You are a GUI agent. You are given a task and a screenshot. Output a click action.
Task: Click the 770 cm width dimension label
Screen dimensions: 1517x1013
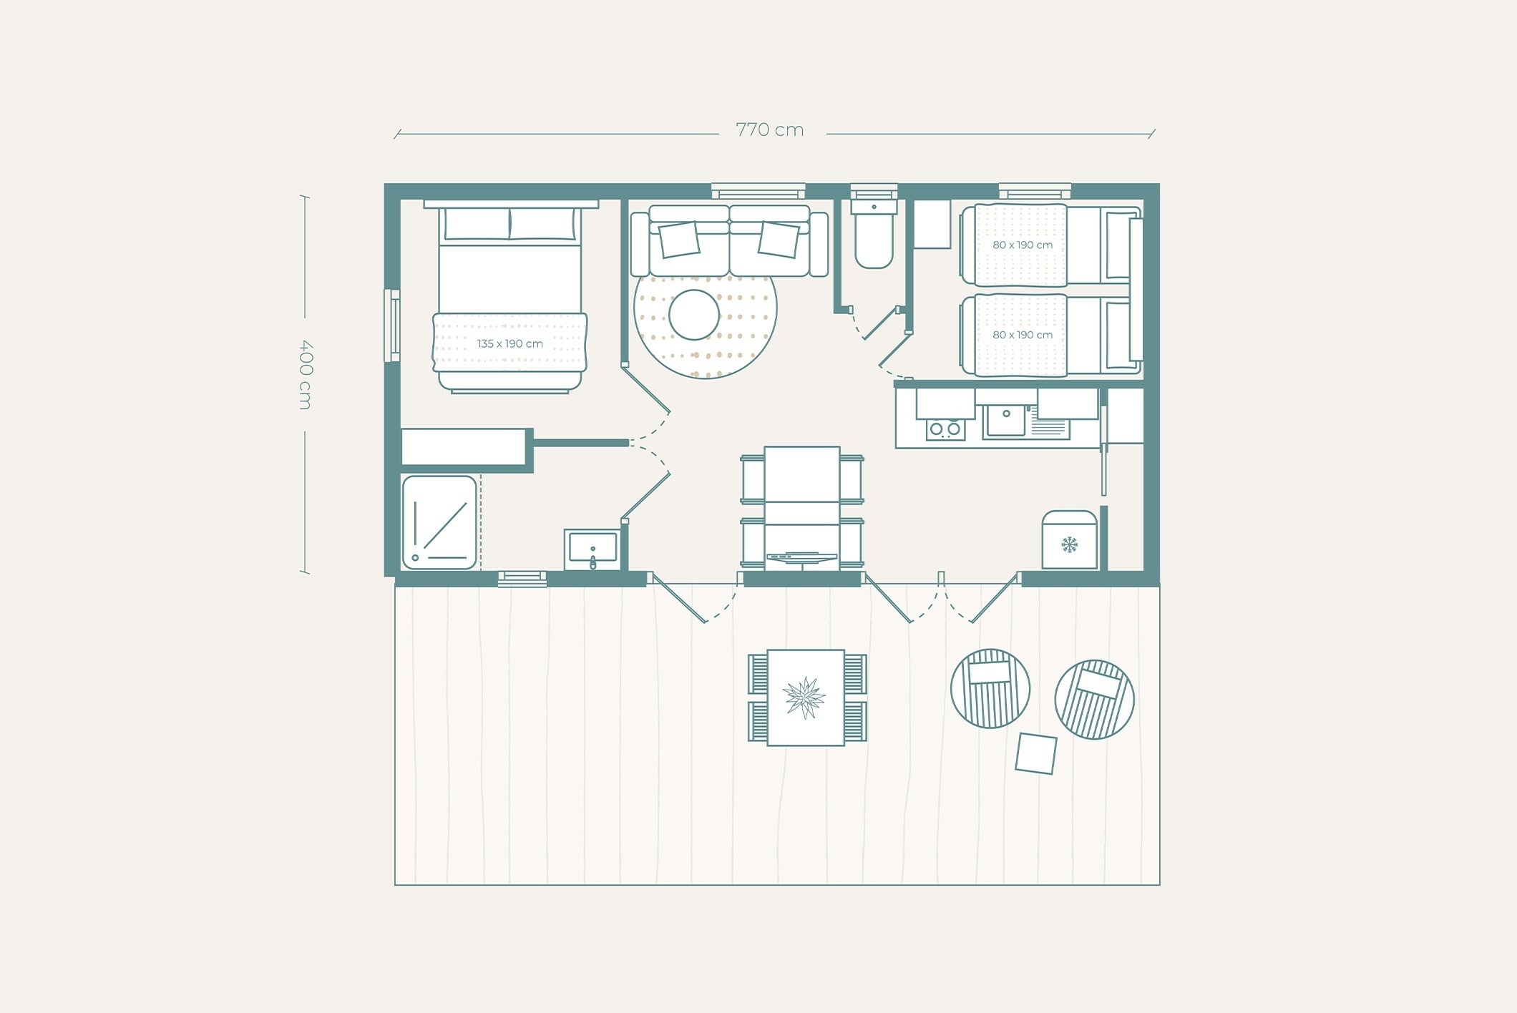tap(770, 130)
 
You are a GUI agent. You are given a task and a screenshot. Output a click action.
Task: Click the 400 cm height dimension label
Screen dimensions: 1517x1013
tap(306, 374)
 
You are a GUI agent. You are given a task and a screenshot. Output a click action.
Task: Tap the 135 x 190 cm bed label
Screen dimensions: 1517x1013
tap(510, 343)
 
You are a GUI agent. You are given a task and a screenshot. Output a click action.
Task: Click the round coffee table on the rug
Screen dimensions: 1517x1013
tap(694, 315)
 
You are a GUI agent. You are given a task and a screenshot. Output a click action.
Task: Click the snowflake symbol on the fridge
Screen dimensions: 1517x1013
tap(1069, 544)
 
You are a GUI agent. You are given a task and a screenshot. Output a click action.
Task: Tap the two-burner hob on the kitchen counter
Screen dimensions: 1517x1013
tap(945, 429)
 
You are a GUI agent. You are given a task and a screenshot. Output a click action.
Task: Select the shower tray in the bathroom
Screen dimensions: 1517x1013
tap(439, 522)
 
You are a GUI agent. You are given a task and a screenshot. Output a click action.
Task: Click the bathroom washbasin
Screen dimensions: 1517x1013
tap(593, 549)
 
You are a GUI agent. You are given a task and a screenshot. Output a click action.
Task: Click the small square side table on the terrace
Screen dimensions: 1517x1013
tap(1036, 753)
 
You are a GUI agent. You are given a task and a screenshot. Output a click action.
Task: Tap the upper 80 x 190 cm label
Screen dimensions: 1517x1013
tap(1023, 245)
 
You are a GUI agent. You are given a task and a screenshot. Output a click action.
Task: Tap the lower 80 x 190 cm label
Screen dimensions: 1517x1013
tap(1023, 335)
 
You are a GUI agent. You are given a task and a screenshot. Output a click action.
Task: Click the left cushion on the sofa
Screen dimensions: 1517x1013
tap(679, 240)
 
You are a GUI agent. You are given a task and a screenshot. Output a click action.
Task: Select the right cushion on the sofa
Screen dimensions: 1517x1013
tap(779, 240)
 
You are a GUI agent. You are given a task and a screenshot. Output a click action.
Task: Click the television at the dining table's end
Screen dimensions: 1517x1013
tap(802, 557)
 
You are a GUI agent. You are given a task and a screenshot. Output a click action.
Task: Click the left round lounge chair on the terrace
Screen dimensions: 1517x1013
tap(990, 689)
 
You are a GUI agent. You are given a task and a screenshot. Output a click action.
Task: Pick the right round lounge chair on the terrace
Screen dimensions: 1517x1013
tap(1095, 700)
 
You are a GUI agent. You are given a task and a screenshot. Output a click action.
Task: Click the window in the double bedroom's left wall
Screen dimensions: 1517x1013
tap(392, 326)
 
